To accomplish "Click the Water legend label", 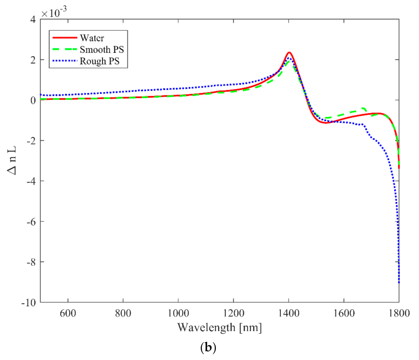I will tap(92, 38).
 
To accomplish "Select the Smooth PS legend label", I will tap(102, 49).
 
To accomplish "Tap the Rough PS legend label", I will tap(99, 61).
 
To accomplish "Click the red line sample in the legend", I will tap(65, 38).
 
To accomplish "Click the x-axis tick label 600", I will tap(68, 313).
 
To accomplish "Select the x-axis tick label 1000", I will tap(178, 313).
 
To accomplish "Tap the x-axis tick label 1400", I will tap(289, 313).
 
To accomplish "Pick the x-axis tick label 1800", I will tap(399, 313).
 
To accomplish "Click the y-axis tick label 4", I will tap(33, 19).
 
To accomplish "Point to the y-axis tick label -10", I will tap(28, 302).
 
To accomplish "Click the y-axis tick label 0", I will tap(33, 100).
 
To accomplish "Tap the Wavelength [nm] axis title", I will tap(220, 328).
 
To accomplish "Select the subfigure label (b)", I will tap(208, 347).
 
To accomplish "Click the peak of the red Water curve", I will tap(289, 53).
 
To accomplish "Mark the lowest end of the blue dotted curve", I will tap(399, 283).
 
